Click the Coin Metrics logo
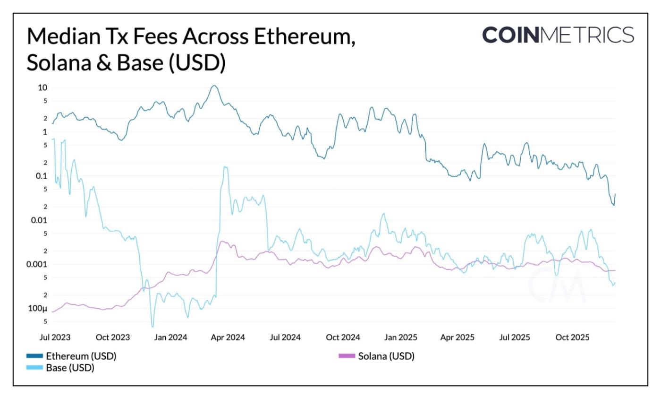click(x=558, y=35)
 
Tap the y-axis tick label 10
click(x=42, y=87)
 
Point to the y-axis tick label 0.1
click(x=41, y=176)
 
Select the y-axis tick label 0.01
click(x=39, y=220)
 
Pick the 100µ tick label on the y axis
click(x=38, y=309)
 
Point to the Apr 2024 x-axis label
click(x=228, y=338)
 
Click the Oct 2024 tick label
click(x=343, y=338)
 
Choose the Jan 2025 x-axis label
click(x=401, y=338)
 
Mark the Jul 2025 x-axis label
click(x=514, y=338)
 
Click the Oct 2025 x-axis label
click(x=571, y=338)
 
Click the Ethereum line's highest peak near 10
click(x=214, y=86)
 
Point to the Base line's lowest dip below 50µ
click(x=153, y=326)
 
